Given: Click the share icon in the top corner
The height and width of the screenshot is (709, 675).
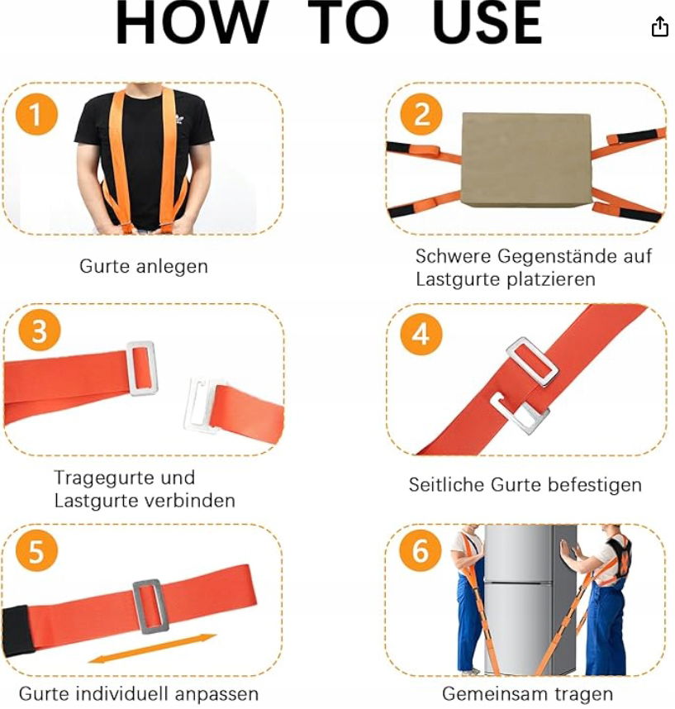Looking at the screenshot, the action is tap(659, 26).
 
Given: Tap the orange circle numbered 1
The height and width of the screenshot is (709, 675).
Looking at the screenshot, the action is tap(36, 113).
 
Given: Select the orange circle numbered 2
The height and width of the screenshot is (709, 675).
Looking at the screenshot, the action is tap(421, 113).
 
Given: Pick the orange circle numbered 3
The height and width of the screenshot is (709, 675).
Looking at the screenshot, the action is tap(40, 331).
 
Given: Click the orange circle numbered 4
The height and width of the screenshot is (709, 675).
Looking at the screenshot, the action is tap(421, 334).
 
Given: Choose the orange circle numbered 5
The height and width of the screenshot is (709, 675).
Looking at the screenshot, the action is tap(36, 550).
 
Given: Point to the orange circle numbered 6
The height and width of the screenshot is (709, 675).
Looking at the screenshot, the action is tap(420, 550).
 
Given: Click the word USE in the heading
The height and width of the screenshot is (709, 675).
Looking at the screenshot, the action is tap(487, 22).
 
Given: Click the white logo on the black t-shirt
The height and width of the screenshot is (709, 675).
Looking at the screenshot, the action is tap(179, 119).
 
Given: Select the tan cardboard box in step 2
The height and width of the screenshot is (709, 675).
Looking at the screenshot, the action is tap(526, 160).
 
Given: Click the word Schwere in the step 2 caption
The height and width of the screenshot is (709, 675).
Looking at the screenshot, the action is tap(453, 256).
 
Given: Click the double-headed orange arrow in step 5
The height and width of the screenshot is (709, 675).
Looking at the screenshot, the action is tap(152, 649).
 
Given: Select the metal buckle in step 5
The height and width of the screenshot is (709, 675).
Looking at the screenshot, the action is tap(150, 607).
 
